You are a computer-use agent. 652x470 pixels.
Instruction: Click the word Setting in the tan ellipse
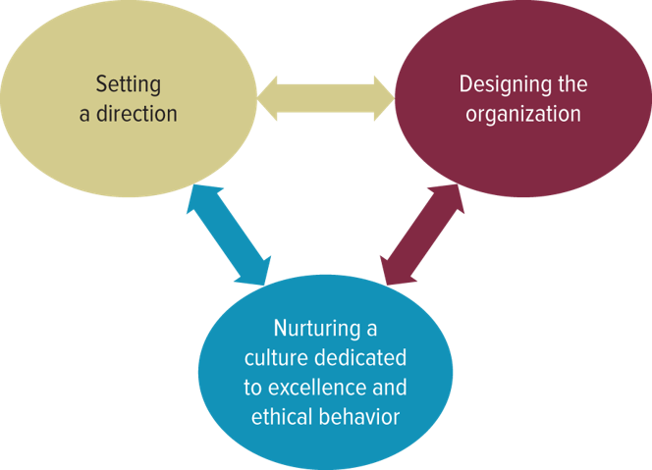pyautogui.click(x=129, y=84)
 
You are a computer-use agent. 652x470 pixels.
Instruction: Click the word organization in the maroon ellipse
pyautogui.click(x=522, y=114)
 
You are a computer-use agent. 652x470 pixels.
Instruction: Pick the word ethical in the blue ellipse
pyautogui.click(x=281, y=416)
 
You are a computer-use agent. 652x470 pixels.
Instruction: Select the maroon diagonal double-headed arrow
pyautogui.click(x=421, y=235)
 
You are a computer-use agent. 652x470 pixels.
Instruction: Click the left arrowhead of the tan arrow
pyautogui.click(x=271, y=98)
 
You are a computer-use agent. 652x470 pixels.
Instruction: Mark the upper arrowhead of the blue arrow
pyautogui.click(x=198, y=201)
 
